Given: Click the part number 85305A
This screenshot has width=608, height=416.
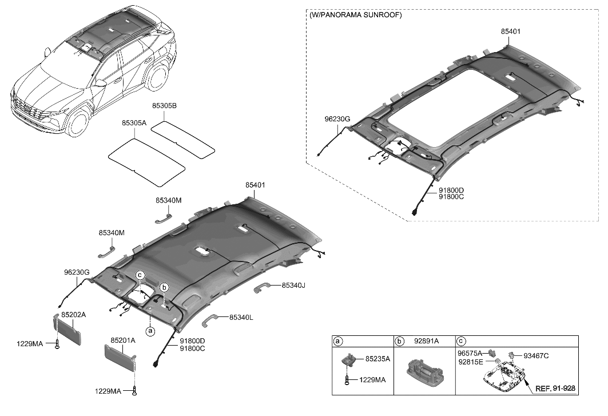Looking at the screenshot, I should pos(134,122).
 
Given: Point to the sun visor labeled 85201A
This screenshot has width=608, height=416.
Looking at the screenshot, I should pos(120,355).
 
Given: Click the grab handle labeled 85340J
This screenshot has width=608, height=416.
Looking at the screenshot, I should pos(264,287).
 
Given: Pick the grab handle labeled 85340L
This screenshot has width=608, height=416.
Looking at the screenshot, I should pos(212,318).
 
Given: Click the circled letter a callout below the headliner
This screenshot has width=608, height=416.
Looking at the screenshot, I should pos(150,331).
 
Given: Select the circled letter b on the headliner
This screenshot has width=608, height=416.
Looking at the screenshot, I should pos(164,287).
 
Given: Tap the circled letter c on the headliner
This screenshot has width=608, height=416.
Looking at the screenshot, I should pos(140,276).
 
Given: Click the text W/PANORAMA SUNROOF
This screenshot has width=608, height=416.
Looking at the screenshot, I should pos(356,15).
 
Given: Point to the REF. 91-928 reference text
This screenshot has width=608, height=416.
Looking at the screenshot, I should pos(555,388).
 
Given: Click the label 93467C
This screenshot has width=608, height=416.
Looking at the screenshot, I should pos(536,356).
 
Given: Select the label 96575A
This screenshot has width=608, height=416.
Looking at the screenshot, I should pos(471,354).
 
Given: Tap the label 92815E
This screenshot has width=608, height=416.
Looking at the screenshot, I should pos(471,362).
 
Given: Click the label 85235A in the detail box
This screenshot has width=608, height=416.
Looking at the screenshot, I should pos(377,359).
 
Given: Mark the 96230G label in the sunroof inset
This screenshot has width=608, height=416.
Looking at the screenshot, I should pos(337,119).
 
